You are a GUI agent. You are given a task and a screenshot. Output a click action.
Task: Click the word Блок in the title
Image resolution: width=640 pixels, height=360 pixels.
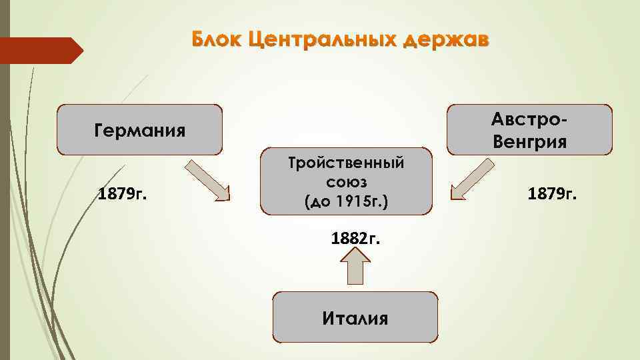(215, 40)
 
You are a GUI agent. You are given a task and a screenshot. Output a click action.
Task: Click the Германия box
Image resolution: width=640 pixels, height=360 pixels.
(139, 129)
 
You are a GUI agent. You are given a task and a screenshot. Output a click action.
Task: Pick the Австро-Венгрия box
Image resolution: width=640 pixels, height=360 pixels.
(529, 129)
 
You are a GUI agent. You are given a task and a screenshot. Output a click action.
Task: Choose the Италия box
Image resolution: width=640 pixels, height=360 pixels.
(355, 317)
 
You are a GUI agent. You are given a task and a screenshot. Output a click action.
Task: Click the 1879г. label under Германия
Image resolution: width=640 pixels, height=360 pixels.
(123, 195)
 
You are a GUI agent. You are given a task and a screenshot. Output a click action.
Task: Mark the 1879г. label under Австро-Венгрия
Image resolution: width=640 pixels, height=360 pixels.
(553, 194)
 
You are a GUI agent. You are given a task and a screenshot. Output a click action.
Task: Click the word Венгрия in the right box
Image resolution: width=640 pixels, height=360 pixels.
(530, 141)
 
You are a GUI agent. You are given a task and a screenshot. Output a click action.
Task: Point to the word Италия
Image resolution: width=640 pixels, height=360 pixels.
(355, 318)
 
